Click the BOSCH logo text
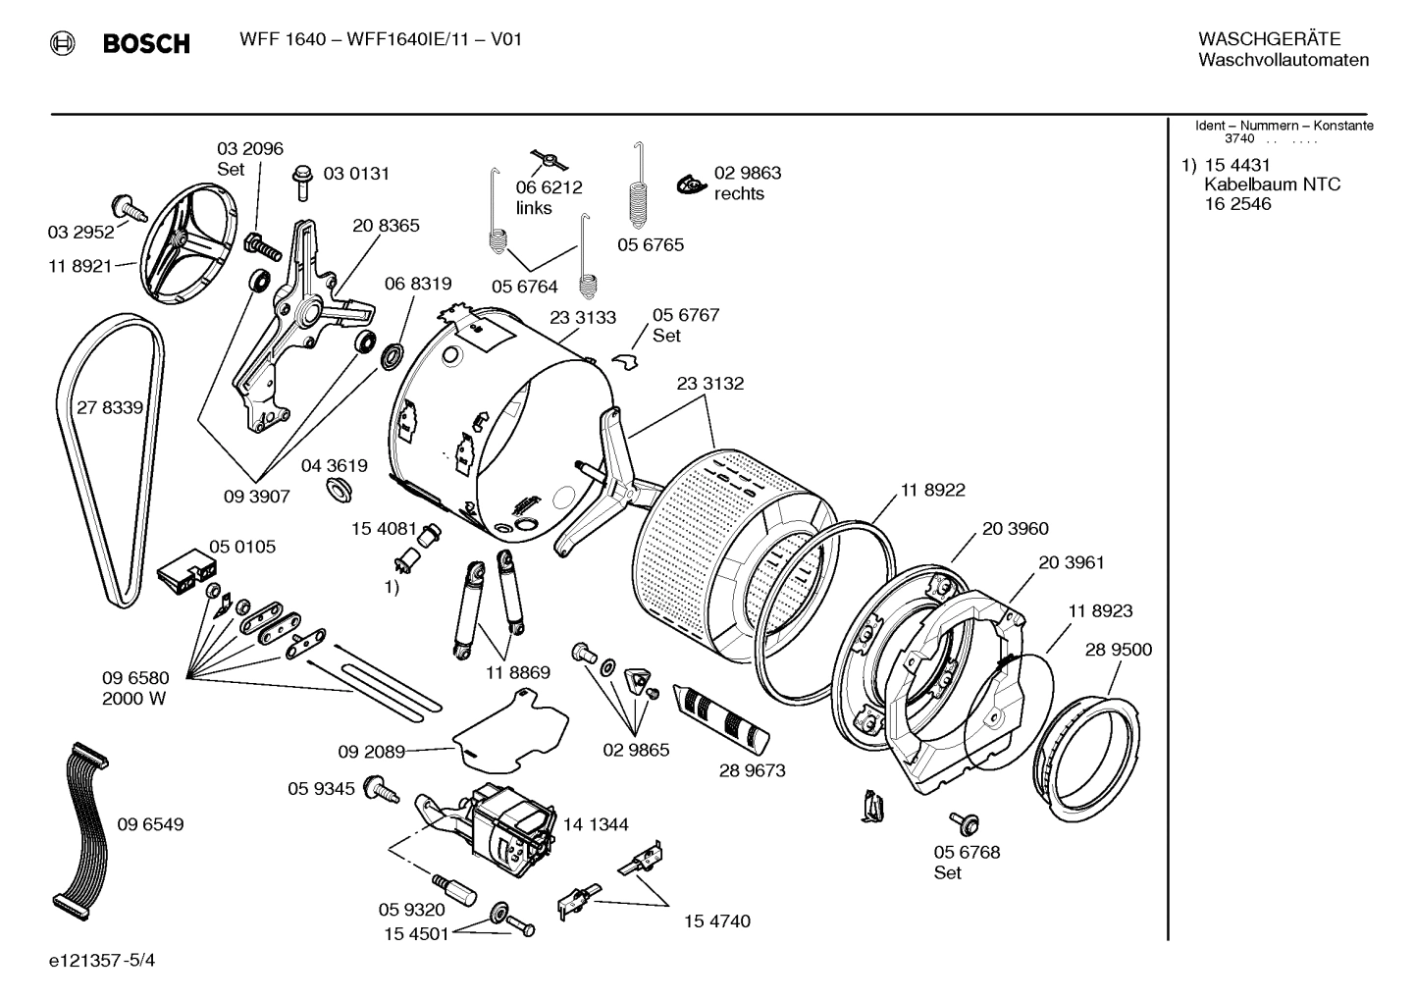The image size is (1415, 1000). click(x=145, y=43)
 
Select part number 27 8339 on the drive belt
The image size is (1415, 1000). click(x=109, y=407)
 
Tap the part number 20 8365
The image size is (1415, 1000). click(x=386, y=225)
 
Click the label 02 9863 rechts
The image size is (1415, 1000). click(x=747, y=184)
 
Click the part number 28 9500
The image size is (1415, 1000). click(x=1119, y=650)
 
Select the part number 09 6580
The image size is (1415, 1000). click(x=135, y=678)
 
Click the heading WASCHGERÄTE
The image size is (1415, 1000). click(x=1268, y=39)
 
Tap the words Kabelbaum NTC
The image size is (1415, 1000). click(x=1272, y=184)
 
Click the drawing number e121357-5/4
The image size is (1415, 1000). click(x=102, y=960)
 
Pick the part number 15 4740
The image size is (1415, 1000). click(x=716, y=921)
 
